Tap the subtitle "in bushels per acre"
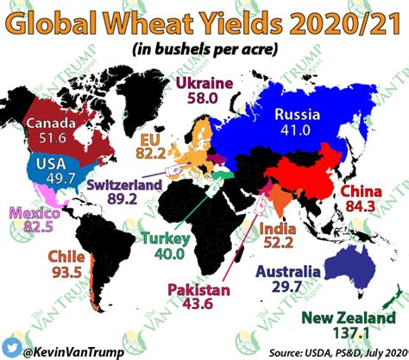pyautogui.click(x=204, y=50)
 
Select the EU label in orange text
pyautogui.click(x=150, y=136)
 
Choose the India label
pyautogui.click(x=276, y=229)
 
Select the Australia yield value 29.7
pyautogui.click(x=292, y=286)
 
